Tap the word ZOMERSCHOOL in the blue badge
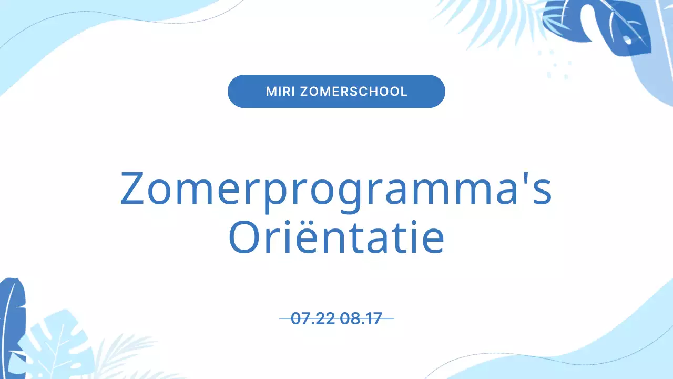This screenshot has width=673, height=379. [x=353, y=92]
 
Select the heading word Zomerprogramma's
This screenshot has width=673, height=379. [x=336, y=188]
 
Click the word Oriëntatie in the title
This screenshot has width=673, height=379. [x=336, y=238]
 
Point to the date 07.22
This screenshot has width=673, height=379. [x=313, y=318]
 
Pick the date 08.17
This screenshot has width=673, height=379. [x=361, y=318]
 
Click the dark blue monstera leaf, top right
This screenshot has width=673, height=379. [x=599, y=26]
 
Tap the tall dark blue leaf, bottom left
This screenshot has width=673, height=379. [x=12, y=326]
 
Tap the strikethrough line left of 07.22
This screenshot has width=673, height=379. [x=284, y=318]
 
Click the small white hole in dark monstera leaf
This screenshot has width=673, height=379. [x=627, y=39]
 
